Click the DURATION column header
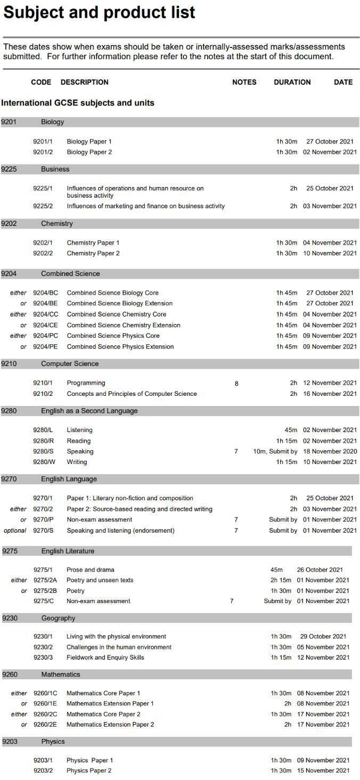[292, 82]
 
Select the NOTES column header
[244, 82]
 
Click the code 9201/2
[43, 152]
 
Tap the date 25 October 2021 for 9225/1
[330, 188]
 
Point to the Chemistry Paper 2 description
[93, 253]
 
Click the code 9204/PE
[45, 347]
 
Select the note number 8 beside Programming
[236, 383]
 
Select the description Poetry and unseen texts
[100, 580]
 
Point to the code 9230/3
[43, 657]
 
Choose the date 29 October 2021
[323, 636]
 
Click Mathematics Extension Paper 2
[110, 725]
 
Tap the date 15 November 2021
[323, 771]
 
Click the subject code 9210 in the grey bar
[9, 364]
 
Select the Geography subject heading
[58, 618]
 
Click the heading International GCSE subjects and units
[78, 103]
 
